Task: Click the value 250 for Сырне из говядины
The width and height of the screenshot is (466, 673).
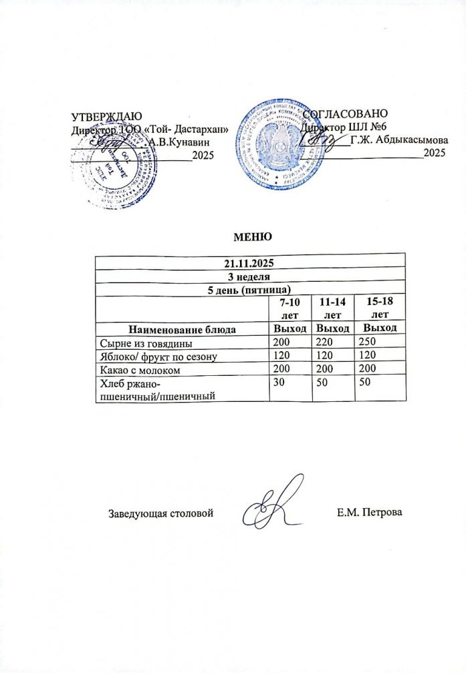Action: click(x=367, y=342)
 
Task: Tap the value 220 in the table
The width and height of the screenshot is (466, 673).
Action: click(x=324, y=342)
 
